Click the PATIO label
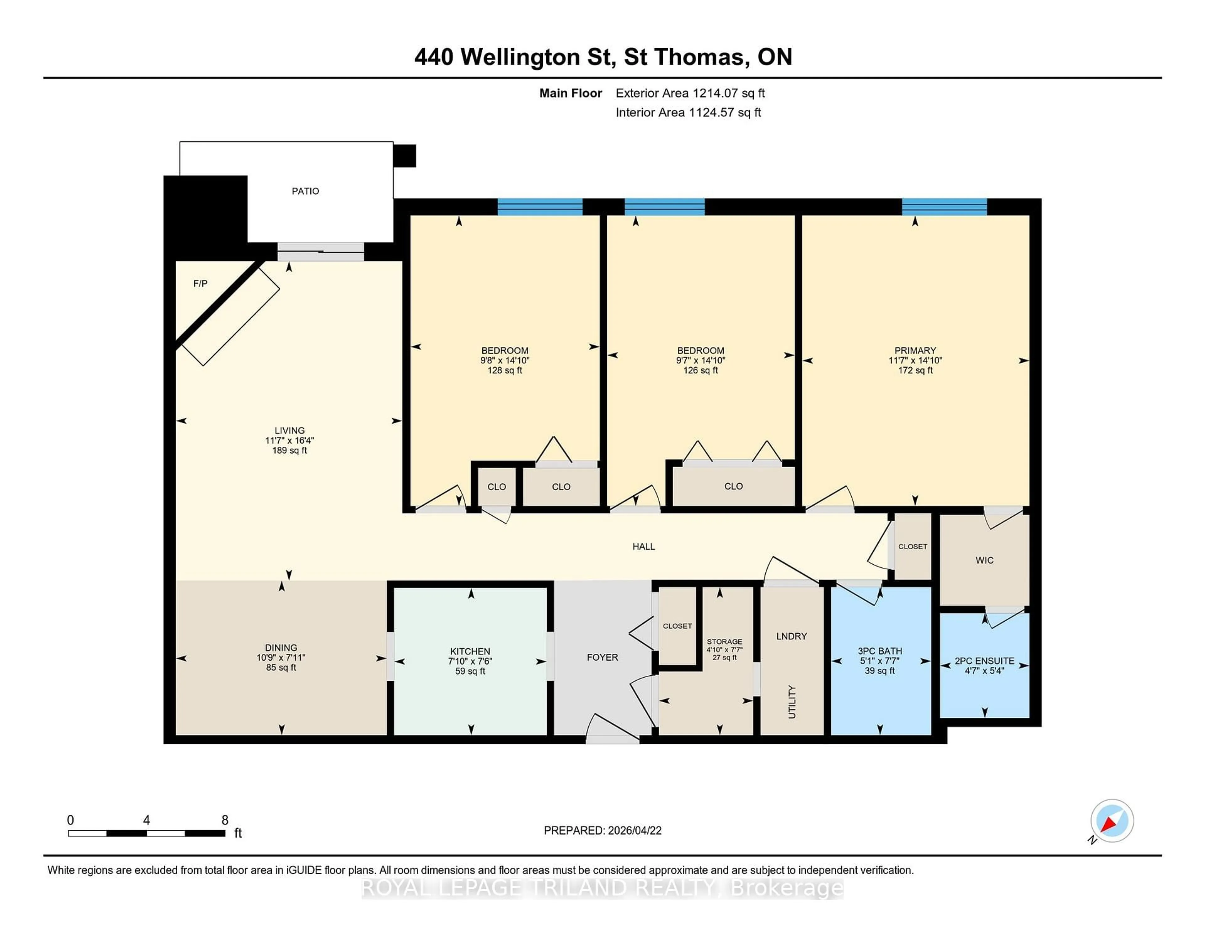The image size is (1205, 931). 305,191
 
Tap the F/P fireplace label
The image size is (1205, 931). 200,284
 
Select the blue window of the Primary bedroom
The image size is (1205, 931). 944,207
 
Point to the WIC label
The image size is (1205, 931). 984,560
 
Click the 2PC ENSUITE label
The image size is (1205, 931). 984,661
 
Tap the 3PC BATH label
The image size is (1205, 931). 880,651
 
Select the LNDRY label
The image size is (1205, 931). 791,636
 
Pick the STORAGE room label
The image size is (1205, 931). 725,641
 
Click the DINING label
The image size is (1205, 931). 281,647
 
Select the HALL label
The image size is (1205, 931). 643,546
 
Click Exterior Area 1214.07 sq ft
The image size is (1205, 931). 690,93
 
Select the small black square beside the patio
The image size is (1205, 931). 404,156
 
